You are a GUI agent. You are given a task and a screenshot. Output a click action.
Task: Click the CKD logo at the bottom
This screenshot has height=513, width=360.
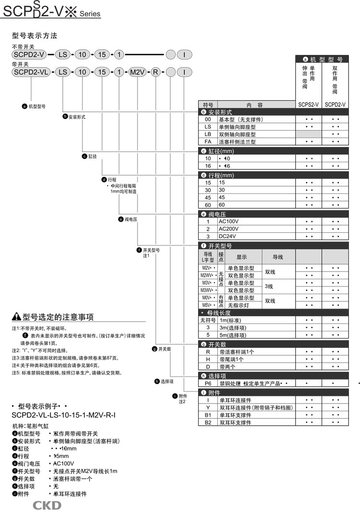tap(47, 505)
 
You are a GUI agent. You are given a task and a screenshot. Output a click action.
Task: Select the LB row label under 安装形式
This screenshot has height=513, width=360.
tap(208, 134)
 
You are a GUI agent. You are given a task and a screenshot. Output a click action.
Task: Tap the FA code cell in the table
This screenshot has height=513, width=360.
tap(208, 142)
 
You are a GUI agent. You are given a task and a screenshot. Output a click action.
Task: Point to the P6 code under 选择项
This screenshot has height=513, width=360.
tap(208, 383)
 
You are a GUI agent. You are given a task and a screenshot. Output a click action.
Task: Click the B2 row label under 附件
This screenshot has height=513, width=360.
tap(208, 422)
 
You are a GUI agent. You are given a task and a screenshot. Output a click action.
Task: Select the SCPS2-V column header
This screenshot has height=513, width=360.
tap(308, 104)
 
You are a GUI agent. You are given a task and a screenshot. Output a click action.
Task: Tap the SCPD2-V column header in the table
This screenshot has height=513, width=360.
tap(335, 104)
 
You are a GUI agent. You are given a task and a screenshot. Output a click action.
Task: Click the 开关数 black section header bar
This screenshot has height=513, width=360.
tap(273, 345)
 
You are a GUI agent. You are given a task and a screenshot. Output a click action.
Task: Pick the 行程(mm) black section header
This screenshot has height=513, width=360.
tap(273, 175)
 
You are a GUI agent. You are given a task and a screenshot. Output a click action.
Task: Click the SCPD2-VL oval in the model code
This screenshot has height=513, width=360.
tap(30, 72)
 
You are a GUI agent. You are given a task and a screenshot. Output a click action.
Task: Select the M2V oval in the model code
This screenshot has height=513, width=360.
tap(138, 72)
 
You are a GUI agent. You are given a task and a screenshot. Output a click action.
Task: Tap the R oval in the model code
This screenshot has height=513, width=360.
tap(156, 72)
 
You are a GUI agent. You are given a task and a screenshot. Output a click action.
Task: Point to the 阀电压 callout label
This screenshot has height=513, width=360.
tap(128, 219)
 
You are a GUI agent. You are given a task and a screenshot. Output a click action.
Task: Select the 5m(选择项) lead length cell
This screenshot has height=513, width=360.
tap(233, 335)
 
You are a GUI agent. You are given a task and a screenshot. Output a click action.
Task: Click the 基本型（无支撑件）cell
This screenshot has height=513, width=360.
tap(241, 119)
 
